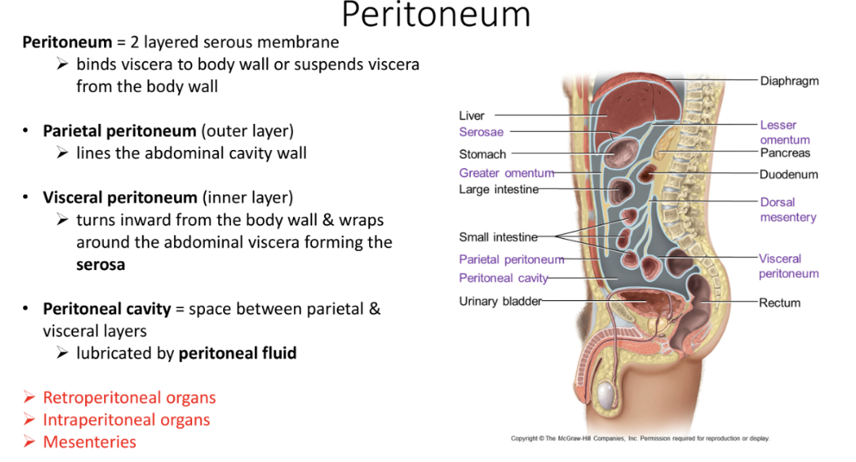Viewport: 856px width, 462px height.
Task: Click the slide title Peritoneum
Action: pos(436,16)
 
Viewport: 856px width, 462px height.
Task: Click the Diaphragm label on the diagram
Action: pos(789,81)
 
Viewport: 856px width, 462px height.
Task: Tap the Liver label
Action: pos(472,116)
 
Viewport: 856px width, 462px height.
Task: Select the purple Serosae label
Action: pos(481,132)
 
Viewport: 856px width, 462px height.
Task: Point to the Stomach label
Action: pos(482,154)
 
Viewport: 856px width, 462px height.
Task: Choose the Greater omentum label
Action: pos(506,173)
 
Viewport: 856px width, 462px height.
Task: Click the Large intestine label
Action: pos(499,189)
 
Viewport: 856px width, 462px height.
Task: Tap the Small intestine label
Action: pos(498,237)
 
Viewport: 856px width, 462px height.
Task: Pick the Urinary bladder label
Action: pos(500,302)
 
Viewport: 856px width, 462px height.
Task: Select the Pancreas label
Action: pos(785,152)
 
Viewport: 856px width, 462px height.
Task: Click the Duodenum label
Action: pos(788,175)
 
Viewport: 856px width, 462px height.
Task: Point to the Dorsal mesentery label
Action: pos(788,210)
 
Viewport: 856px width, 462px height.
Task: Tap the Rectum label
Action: pos(779,302)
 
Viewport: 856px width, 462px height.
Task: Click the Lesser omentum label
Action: pos(785,132)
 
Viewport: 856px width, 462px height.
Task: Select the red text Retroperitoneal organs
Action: pos(129,398)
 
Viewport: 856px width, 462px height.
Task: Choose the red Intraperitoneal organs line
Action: pos(126,420)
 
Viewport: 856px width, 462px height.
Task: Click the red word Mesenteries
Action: pos(89,442)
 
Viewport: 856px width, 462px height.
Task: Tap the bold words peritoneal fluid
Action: pos(237,353)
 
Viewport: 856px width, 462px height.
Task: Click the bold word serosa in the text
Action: pos(100,264)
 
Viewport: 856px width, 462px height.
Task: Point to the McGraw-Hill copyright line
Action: pos(639,438)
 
